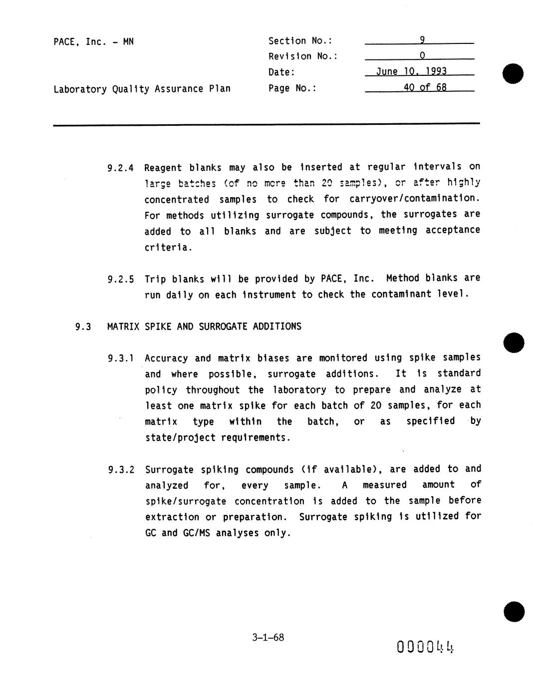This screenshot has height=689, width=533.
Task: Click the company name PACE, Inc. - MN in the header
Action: (93, 41)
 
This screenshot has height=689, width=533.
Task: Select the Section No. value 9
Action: (422, 40)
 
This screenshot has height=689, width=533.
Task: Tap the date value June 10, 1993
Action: (411, 71)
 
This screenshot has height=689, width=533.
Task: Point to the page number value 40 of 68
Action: (425, 87)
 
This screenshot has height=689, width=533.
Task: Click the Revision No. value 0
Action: (422, 56)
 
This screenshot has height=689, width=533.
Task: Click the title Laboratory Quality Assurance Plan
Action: (142, 89)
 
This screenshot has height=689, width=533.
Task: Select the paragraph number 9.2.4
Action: (120, 168)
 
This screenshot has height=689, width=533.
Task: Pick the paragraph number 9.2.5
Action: (120, 279)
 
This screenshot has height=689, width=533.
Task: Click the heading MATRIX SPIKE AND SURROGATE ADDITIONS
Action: (204, 327)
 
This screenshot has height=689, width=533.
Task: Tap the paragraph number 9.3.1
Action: (120, 358)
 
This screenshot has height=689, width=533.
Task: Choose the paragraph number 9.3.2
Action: (121, 470)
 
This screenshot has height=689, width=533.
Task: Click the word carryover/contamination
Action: (414, 198)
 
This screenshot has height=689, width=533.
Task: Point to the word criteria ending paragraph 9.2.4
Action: (168, 247)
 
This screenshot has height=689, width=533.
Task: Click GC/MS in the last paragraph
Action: (197, 533)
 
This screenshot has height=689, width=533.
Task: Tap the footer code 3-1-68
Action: (268, 637)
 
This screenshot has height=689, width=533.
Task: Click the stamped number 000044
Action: (426, 647)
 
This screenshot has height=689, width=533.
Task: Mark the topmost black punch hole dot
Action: (513, 74)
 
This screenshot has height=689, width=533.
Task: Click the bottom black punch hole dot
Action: (514, 612)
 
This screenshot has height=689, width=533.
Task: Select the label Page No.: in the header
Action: (292, 88)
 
